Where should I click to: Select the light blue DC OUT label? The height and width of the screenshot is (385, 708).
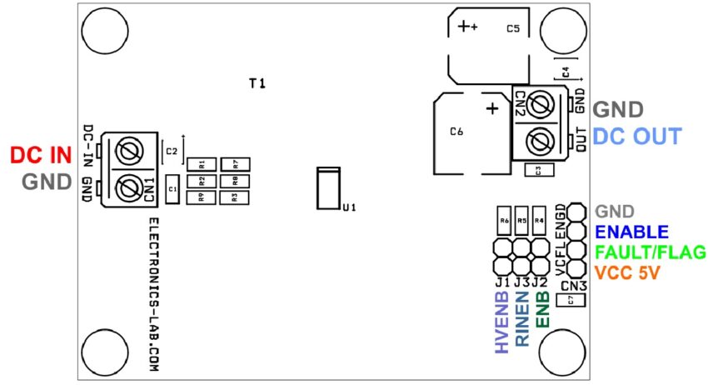[637, 137]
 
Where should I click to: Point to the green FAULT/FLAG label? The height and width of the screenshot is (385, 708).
[651, 252]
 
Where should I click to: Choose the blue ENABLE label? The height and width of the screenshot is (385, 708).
[631, 232]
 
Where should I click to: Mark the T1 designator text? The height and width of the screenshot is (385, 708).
[257, 83]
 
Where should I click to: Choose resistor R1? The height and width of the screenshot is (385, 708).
[202, 163]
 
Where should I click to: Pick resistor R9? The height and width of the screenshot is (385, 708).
[202, 197]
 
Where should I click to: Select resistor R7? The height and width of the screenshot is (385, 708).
[236, 163]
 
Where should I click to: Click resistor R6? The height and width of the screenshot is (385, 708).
[504, 221]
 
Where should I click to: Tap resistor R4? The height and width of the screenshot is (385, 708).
[539, 221]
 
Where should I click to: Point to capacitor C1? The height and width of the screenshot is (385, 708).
[172, 189]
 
